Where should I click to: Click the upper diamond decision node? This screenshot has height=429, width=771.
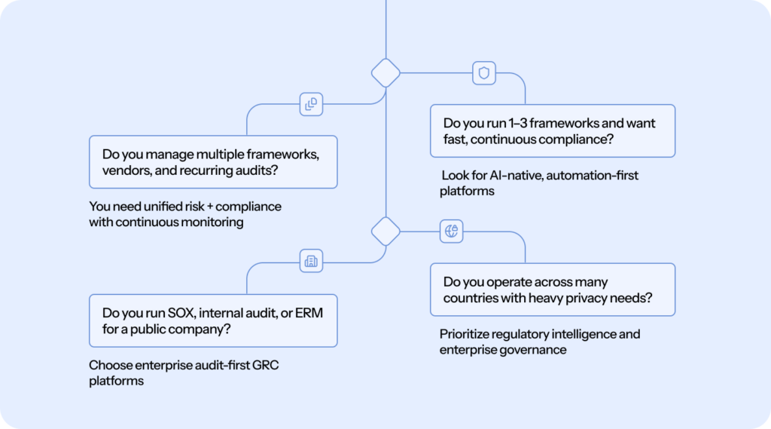tap(385, 73)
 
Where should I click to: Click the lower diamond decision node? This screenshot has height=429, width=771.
tap(385, 231)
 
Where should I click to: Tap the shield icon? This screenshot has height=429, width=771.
tap(484, 73)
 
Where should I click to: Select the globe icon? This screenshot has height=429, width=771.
tap(451, 231)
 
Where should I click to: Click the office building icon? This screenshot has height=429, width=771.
tap(311, 261)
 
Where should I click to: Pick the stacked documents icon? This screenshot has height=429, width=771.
tap(311, 103)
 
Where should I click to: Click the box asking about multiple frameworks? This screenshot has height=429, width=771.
tap(213, 162)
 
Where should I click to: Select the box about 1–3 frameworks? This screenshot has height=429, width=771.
tap(552, 130)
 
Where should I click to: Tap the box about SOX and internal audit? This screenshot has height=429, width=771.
tap(213, 320)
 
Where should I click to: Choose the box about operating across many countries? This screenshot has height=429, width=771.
tap(552, 289)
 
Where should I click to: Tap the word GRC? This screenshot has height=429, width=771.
tap(273, 366)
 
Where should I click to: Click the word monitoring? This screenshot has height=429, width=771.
tap(216, 222)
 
